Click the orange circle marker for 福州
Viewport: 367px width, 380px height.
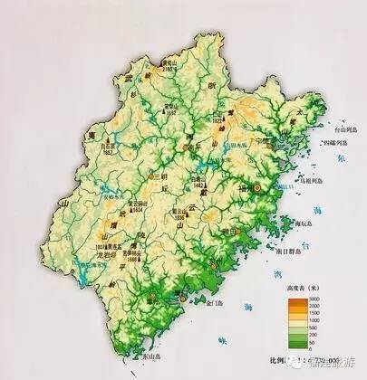coord(257,187)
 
